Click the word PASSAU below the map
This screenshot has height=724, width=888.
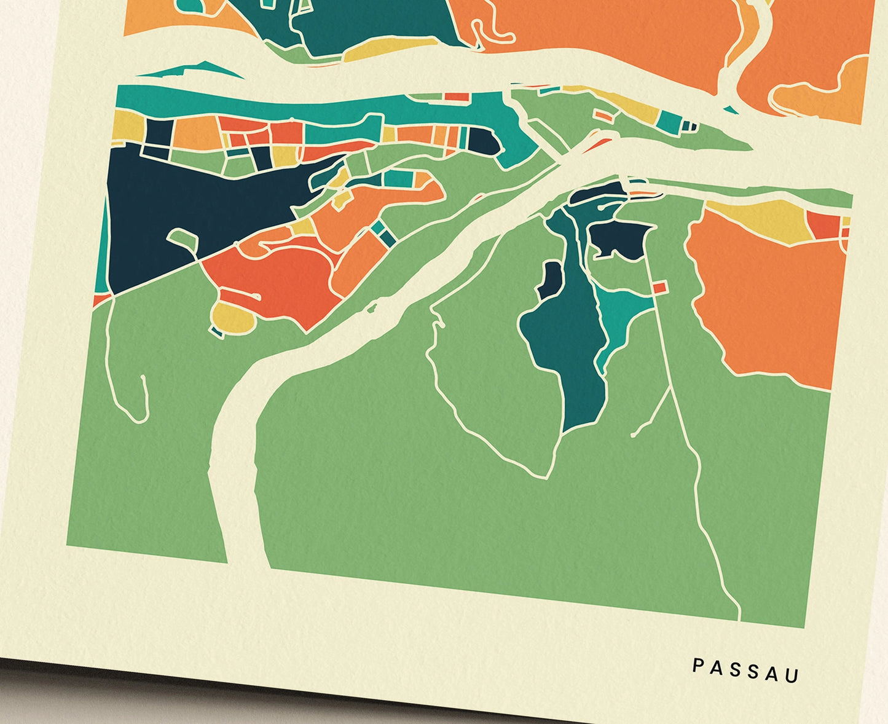745,670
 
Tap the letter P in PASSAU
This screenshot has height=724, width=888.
697,665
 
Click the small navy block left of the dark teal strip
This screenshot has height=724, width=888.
550,280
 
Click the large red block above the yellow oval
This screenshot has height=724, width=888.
270,277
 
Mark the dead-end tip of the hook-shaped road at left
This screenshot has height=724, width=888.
143,377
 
